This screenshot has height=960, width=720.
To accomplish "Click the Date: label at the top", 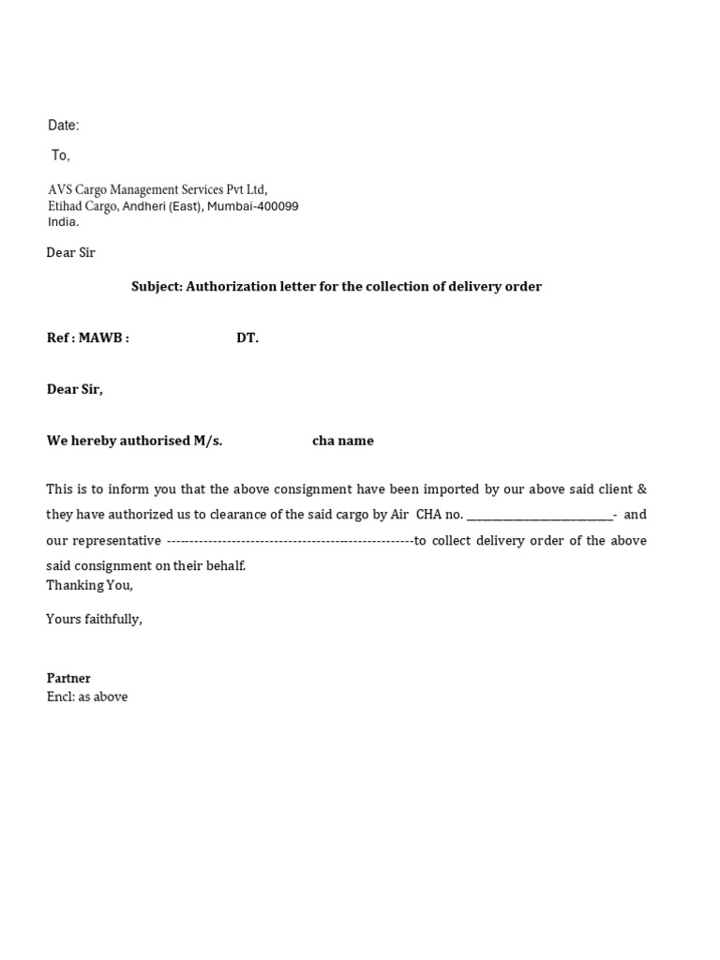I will pos(64,126).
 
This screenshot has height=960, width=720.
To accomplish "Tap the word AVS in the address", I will pos(61,189).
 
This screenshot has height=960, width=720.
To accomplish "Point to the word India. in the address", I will pos(64,222).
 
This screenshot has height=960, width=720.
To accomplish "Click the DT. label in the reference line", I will pos(247,338).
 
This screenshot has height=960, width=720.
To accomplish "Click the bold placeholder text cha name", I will pos(343,441).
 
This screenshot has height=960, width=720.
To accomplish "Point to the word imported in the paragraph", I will pos(430,489).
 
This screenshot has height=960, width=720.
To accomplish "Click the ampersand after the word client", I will pos(641,489).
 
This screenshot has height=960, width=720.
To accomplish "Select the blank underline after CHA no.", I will pos(539,516).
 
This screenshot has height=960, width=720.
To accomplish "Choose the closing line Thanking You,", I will pos(90,585).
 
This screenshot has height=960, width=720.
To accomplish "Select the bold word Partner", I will pos(68,678).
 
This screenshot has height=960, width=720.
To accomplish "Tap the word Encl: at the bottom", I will pos(61,697).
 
